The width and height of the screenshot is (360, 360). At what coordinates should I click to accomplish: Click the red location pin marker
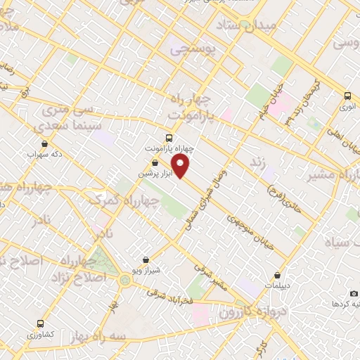(x=181, y=167)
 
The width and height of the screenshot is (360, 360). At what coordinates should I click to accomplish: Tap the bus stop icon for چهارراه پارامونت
(x=168, y=138)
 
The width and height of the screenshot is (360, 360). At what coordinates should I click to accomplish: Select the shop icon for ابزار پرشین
(x=155, y=162)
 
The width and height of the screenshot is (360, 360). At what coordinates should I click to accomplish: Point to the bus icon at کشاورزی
(x=39, y=324)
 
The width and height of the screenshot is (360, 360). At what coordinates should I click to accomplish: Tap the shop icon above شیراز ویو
(x=146, y=259)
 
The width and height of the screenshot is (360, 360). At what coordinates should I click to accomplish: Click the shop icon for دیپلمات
(x=280, y=275)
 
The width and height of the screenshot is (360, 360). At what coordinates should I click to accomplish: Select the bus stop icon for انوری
(x=347, y=96)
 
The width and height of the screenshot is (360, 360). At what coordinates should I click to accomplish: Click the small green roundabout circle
(x=125, y=280)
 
